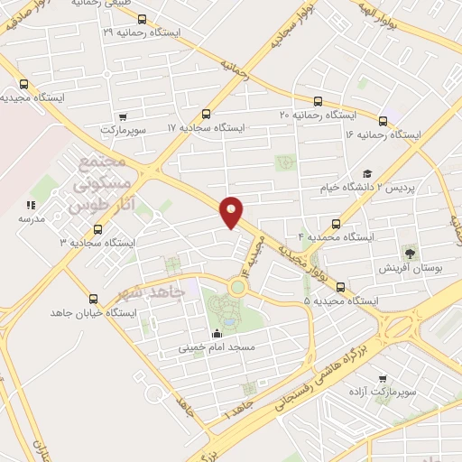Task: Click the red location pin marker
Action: (x=232, y=211)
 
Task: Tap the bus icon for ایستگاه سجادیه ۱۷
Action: (x=207, y=115)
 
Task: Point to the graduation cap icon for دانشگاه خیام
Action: (x=366, y=174)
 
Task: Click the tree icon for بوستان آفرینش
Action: (x=411, y=253)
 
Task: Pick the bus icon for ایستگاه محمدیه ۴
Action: (x=337, y=223)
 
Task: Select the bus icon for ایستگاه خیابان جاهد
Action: (x=93, y=299)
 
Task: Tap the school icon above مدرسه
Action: (x=29, y=205)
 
